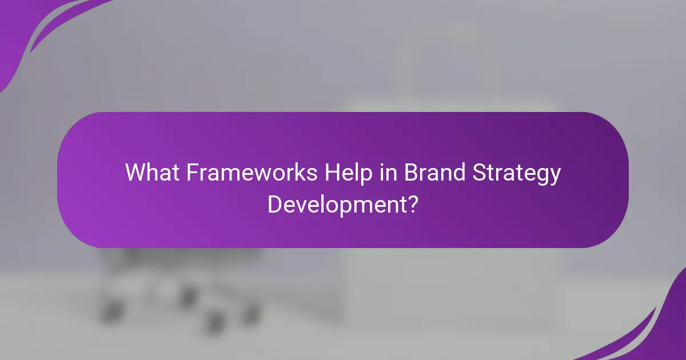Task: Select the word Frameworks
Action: pos(251,172)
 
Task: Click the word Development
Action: pos(337,204)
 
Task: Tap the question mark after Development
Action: pos(413,203)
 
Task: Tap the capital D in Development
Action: pos(274,203)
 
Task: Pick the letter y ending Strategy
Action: pos(555,175)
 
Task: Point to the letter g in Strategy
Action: pos(542,175)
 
